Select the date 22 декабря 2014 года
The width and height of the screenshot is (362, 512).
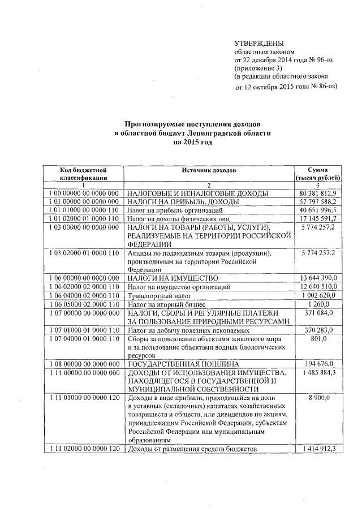point(274,59)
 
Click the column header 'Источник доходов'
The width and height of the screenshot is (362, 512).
point(209,170)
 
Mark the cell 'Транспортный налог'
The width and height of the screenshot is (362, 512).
point(158,296)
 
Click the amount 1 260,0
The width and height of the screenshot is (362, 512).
point(326,304)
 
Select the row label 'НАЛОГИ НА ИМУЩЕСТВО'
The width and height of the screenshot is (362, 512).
point(173,279)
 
